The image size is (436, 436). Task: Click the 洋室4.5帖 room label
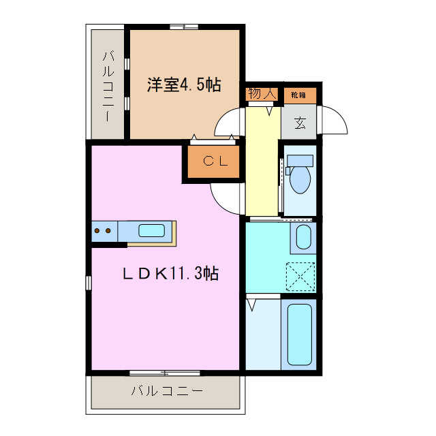click(184, 86)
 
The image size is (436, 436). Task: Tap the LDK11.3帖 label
click(170, 274)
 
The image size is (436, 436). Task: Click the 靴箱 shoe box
click(298, 95)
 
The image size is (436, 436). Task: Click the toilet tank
click(300, 161)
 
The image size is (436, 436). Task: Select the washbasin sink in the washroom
click(303, 238)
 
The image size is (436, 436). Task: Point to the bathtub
click(300, 334)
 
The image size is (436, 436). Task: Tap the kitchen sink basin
click(151, 230)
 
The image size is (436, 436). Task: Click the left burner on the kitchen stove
click(97, 231)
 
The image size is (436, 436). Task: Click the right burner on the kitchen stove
click(108, 231)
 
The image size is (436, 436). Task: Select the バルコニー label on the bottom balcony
click(166, 391)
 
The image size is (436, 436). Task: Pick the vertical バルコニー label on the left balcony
click(108, 86)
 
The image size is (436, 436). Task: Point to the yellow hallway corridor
click(262, 163)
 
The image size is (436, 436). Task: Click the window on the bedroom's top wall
click(184, 27)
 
